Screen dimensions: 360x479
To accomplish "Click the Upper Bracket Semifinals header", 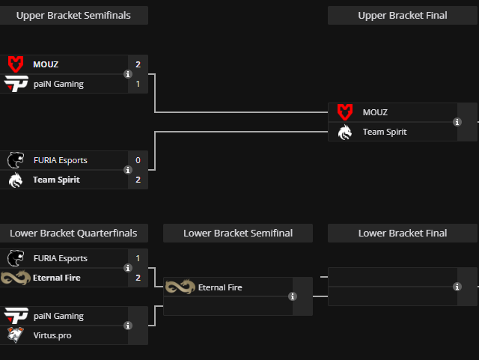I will [x=73, y=15].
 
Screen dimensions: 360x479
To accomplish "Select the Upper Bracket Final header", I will [x=403, y=15].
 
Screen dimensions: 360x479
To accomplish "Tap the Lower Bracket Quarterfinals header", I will [x=73, y=233].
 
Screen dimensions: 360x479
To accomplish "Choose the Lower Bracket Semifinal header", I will [x=238, y=233].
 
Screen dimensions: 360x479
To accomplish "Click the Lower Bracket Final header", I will [x=403, y=233].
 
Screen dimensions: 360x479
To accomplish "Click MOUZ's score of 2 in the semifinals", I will [x=138, y=64].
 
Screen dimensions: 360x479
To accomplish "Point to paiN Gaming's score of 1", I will [x=138, y=84].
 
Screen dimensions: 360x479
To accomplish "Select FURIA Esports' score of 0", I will [x=138, y=160].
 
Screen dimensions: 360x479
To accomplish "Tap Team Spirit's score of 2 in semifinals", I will [x=138, y=180].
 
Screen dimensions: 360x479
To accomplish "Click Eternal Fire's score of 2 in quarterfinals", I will [x=138, y=278].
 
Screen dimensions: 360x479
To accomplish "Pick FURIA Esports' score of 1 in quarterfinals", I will [x=138, y=258].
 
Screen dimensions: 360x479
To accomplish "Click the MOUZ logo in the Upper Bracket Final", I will [x=344, y=112].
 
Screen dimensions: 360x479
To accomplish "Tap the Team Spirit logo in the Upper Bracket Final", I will [x=344, y=132].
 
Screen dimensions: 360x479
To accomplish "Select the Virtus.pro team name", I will [x=52, y=335].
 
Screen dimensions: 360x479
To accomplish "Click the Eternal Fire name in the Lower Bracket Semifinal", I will [x=220, y=287].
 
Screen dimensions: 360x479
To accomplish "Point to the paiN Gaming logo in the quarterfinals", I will [x=16, y=316].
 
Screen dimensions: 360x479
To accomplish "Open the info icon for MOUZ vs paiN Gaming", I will [x=128, y=74].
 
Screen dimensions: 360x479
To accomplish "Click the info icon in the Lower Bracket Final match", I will [x=457, y=287].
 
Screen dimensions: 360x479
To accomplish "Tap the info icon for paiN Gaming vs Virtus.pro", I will [x=128, y=326].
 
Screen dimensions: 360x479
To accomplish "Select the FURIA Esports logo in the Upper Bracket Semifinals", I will [x=16, y=160].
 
